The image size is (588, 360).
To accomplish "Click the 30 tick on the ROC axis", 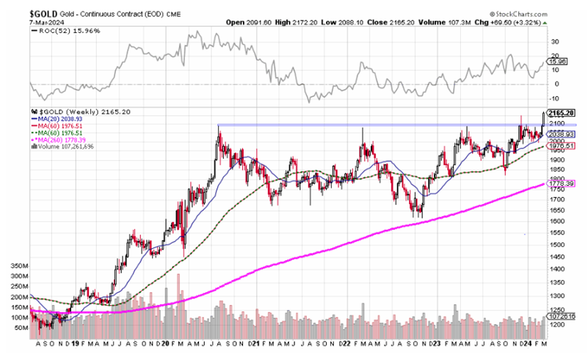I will [556, 41].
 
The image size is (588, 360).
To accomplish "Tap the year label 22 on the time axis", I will [343, 344].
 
